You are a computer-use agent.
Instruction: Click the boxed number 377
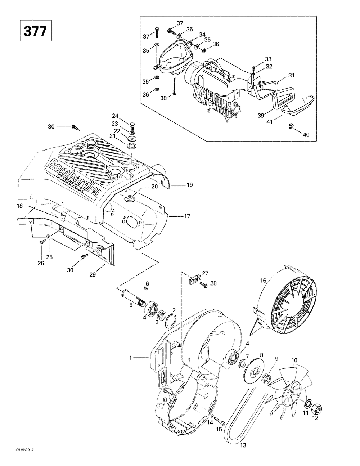(35, 31)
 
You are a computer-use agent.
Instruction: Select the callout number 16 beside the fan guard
(263, 280)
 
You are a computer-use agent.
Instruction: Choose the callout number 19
(190, 185)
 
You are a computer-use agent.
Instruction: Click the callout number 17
(187, 216)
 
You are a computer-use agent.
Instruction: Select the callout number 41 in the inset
(269, 122)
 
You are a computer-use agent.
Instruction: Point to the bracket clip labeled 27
(194, 280)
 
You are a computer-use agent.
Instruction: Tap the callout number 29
(93, 274)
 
